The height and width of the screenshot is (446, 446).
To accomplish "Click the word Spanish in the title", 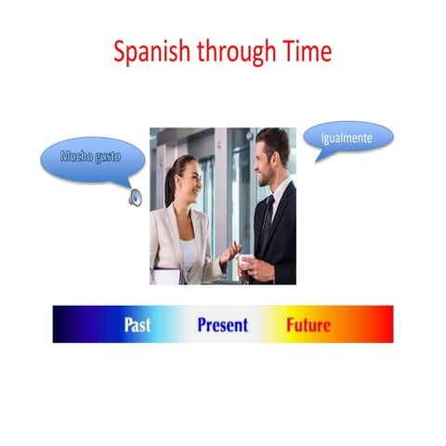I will tap(151, 52).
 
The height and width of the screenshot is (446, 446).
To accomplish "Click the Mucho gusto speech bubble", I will tap(91, 159).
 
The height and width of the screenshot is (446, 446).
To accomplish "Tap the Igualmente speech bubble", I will tap(348, 138).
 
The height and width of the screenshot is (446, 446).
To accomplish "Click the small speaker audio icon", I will tap(136, 197).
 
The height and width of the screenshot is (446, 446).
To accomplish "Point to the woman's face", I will tap(186, 181).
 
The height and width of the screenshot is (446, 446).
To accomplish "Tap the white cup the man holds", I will tap(243, 263).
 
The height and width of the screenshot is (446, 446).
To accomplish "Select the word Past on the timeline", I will tap(138, 325).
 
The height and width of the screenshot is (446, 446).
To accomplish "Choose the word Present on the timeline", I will tap(222, 325).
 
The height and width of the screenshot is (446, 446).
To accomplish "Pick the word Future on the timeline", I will tap(308, 325).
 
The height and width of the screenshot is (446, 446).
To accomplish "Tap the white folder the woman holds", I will tap(166, 276).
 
